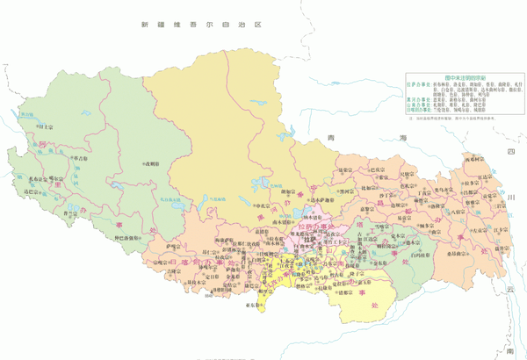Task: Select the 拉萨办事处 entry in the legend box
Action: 418,85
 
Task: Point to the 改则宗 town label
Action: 151,164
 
